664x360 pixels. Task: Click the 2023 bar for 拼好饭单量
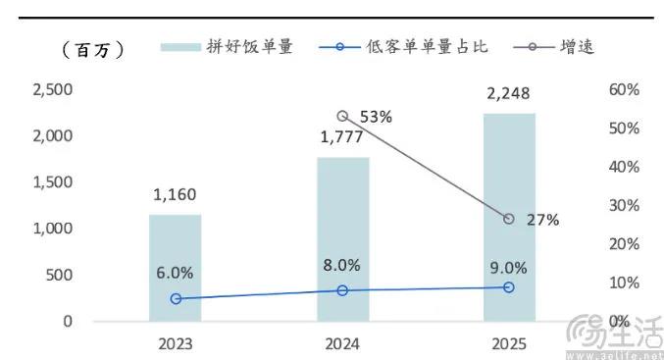pos(175,267)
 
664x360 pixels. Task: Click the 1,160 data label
pos(176,196)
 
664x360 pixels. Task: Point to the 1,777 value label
pos(342,138)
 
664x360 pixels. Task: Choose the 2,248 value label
pos(509,95)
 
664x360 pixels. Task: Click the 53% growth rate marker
pos(342,116)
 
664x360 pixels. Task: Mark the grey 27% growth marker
pos(509,219)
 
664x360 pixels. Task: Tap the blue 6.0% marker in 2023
pos(176,298)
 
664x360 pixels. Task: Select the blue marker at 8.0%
pos(342,290)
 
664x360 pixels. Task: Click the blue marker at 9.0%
pos(509,286)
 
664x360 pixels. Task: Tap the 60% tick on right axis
pos(624,90)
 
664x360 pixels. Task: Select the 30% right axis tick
pos(624,206)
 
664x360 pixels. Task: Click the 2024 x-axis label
pos(342,343)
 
